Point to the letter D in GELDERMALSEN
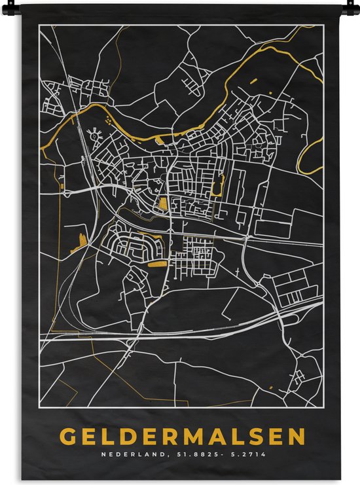130,436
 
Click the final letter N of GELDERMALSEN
296,436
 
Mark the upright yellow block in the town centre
163,204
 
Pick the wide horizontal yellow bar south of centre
157,263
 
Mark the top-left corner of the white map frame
38,26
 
